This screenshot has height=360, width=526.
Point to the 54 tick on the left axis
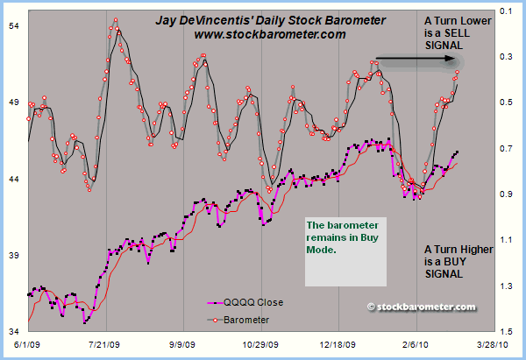(14, 27)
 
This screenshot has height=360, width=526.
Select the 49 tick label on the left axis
(14, 102)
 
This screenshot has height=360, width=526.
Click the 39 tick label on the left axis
(14, 255)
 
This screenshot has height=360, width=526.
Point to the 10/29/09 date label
(260, 347)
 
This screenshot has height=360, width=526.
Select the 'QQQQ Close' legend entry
(253, 303)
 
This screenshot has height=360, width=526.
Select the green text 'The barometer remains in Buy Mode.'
(337, 236)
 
